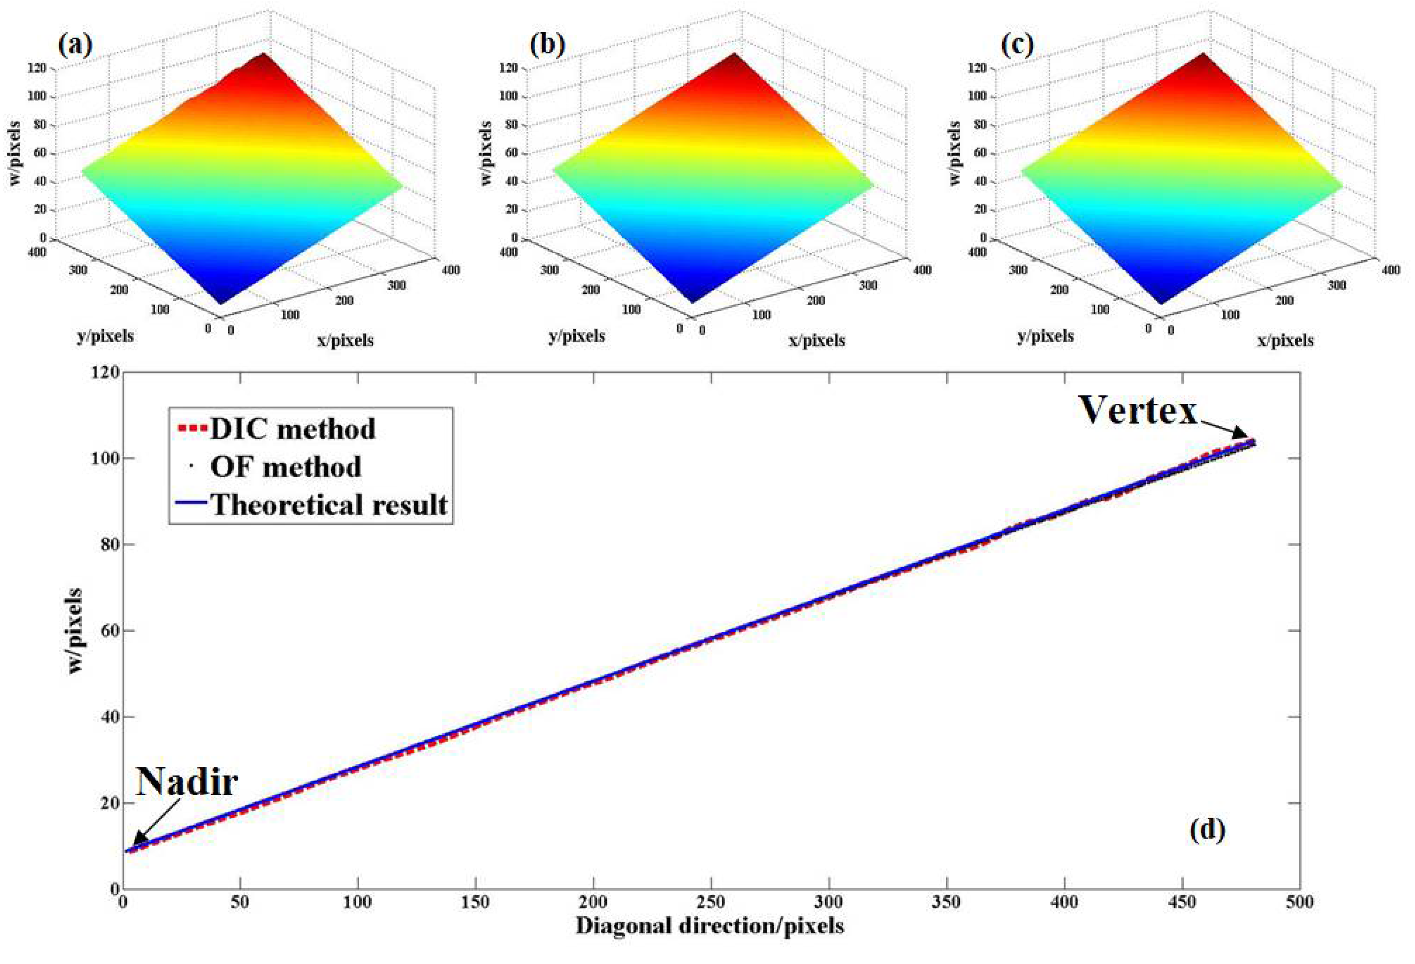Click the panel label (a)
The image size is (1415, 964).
coord(76,46)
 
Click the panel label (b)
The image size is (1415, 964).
coord(548,46)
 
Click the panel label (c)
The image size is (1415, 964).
coord(1017,46)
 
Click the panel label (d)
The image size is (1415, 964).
coord(1207,830)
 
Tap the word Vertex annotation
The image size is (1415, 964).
coord(1138,411)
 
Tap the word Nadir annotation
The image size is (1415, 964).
coord(186,782)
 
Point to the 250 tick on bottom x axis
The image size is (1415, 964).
coord(710,901)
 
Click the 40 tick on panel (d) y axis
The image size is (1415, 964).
coord(107,717)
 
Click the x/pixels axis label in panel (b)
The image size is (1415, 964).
coord(817,340)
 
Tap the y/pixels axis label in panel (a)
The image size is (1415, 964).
coord(105,335)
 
